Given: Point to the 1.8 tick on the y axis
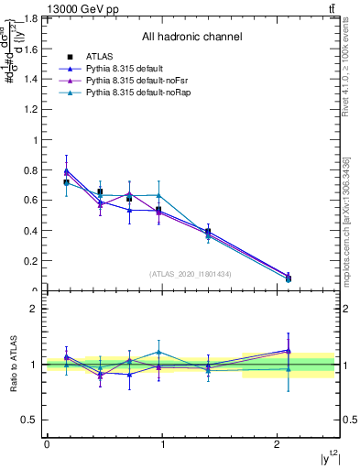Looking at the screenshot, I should [34, 18].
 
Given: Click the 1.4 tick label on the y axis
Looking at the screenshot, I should [34, 79].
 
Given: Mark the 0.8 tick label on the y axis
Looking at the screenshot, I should [34, 169].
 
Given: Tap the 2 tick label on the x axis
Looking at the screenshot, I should [278, 444].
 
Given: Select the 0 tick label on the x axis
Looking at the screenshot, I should [47, 444].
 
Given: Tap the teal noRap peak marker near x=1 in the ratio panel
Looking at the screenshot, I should [159, 352].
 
